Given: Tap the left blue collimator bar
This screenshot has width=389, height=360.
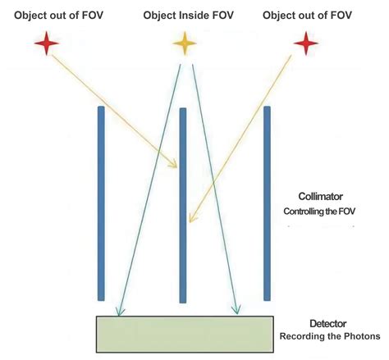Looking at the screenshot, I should [100, 203].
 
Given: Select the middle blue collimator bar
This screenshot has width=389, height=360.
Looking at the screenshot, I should [183, 205].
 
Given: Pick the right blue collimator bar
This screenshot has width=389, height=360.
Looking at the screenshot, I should [267, 203].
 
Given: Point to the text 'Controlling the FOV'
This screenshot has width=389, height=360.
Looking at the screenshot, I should [323, 211].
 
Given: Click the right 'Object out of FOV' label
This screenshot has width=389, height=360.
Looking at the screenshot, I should [308, 15].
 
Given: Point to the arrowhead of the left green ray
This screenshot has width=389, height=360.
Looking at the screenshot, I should [120, 310].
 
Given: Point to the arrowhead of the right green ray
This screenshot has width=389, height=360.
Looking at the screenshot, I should [237, 309].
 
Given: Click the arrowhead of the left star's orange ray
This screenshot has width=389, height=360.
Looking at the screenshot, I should [174, 163].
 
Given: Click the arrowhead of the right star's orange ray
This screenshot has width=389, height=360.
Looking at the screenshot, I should [190, 218].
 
